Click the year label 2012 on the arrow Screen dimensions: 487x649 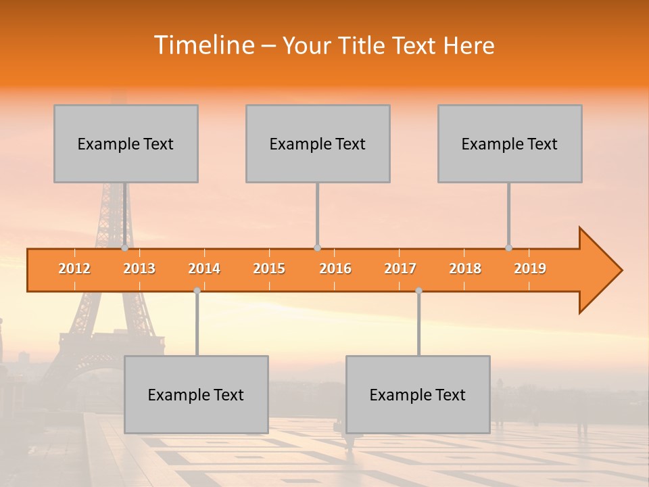[74, 269]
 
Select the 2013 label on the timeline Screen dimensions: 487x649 [139, 269]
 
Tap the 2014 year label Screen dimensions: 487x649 [204, 269]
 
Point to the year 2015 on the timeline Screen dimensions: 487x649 [269, 269]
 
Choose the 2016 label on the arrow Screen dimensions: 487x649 [335, 269]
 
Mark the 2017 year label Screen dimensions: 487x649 [400, 269]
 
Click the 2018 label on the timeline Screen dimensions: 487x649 [465, 269]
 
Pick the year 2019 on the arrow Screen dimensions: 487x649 [530, 269]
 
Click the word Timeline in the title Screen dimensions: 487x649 [203, 45]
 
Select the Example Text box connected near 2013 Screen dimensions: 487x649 [126, 143]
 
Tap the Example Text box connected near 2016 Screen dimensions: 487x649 [318, 143]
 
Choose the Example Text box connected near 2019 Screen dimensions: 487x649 [510, 143]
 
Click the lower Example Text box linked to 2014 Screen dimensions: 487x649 [196, 394]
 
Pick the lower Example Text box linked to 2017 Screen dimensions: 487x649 [418, 394]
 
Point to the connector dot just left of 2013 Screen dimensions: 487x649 [125, 248]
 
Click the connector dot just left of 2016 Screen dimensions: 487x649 [317, 248]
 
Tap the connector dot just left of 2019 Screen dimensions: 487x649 [509, 248]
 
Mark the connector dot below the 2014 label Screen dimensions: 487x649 [197, 290]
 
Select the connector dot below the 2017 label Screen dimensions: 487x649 [418, 290]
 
